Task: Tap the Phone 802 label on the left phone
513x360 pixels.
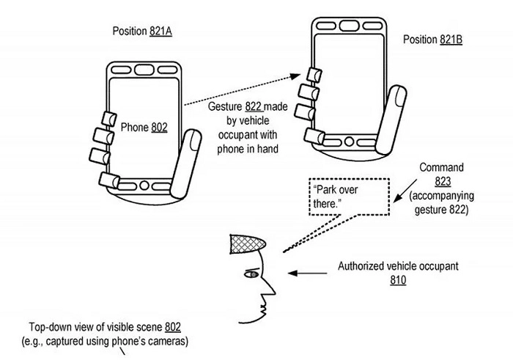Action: pos(145,127)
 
